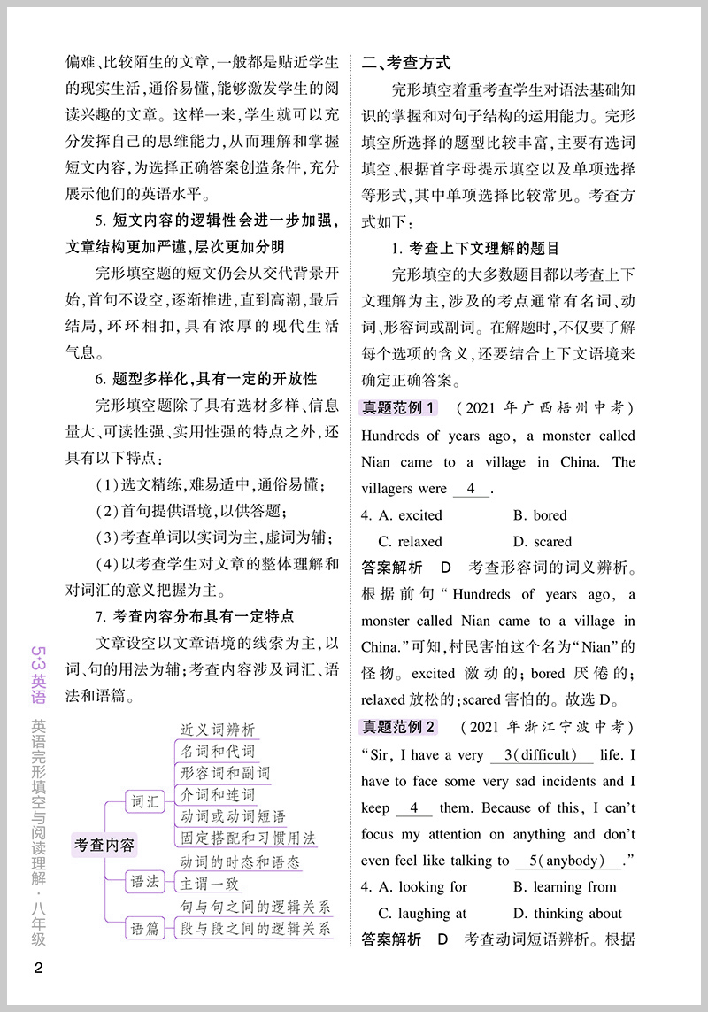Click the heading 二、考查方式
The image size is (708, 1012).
[406, 63]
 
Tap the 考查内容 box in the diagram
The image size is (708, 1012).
[104, 846]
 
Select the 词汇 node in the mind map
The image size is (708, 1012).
[144, 802]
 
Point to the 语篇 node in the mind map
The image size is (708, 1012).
[144, 928]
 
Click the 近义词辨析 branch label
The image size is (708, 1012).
[218, 730]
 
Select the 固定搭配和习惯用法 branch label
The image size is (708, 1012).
[248, 838]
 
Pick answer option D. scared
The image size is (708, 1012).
[542, 541]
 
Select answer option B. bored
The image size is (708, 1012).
[539, 514]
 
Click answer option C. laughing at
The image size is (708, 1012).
[422, 913]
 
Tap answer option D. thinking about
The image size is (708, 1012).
[566, 913]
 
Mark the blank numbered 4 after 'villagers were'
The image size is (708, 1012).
[471, 489]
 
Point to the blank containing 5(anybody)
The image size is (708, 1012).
[570, 861]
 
